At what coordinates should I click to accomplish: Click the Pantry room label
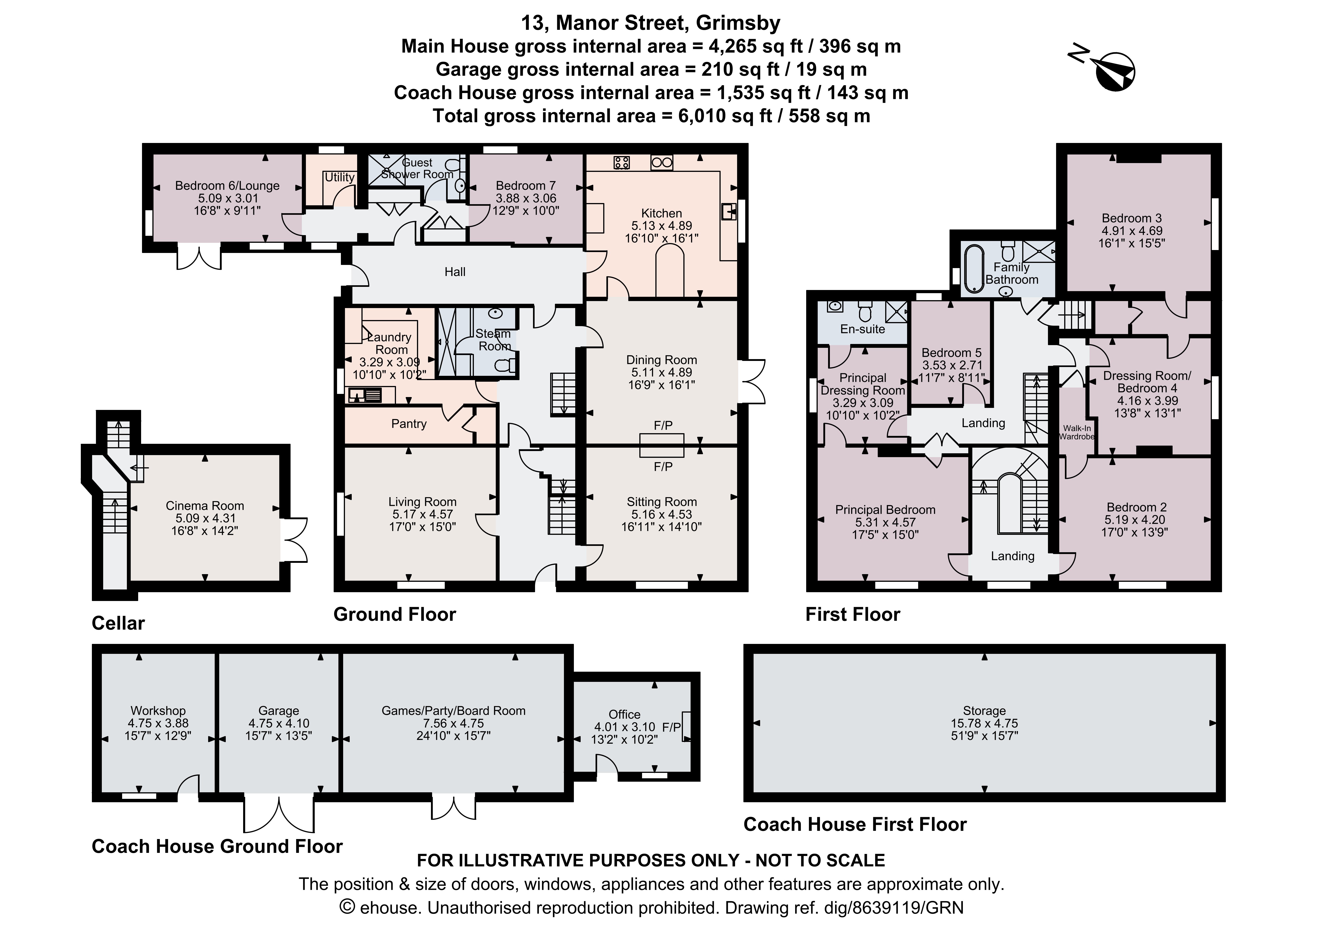[x=409, y=424]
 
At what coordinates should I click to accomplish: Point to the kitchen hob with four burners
[x=622, y=163]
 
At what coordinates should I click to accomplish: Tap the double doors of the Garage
[x=279, y=813]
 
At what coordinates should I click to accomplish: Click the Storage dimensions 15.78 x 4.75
[x=984, y=723]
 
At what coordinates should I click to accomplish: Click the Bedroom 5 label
[x=952, y=353]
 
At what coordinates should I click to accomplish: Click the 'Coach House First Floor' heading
[x=855, y=824]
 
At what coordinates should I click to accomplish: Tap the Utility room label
[x=339, y=177]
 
